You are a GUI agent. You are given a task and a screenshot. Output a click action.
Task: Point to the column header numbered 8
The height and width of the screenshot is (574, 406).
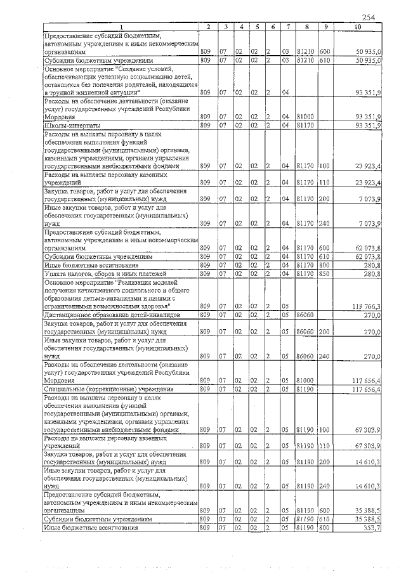(x=306, y=27)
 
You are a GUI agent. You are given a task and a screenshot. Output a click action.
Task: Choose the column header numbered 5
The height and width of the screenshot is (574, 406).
(x=256, y=27)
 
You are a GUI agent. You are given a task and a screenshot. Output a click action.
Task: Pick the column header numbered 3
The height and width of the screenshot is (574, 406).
(x=225, y=27)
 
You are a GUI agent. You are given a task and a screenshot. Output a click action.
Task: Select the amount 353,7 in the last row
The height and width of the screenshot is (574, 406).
(x=371, y=528)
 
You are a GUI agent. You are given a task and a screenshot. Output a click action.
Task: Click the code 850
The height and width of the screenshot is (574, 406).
(x=324, y=273)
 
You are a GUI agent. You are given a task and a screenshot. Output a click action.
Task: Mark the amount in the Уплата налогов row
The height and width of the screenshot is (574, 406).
(x=371, y=273)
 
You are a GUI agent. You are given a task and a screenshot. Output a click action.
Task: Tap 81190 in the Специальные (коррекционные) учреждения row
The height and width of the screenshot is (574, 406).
(x=306, y=388)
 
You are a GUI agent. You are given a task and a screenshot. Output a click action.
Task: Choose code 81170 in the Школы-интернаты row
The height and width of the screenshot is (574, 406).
(x=306, y=125)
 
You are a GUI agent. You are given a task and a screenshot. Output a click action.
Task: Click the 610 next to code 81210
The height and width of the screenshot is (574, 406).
(x=324, y=60)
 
